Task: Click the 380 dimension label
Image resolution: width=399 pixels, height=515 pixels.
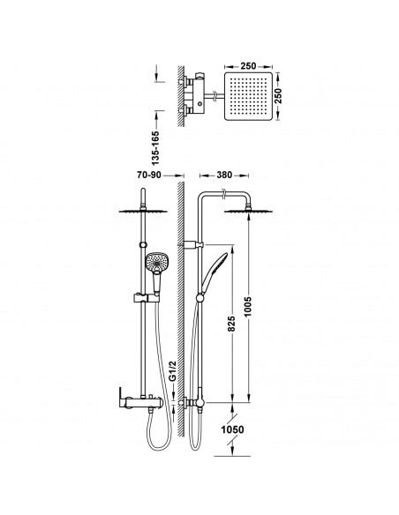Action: (224, 175)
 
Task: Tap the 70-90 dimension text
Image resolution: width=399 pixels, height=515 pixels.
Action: (149, 175)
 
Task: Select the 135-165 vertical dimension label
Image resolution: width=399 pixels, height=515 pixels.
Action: (155, 148)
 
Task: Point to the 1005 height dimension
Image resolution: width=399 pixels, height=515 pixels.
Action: (247, 306)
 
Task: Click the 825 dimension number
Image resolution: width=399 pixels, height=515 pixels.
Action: (231, 324)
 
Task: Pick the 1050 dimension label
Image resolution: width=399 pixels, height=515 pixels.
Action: (232, 429)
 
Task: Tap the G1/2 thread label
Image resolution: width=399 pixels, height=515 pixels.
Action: (172, 371)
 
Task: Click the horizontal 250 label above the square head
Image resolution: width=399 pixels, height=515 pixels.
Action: (248, 66)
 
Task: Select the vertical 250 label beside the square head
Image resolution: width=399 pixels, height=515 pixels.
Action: (278, 96)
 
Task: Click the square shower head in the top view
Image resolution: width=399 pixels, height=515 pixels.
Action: (249, 96)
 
